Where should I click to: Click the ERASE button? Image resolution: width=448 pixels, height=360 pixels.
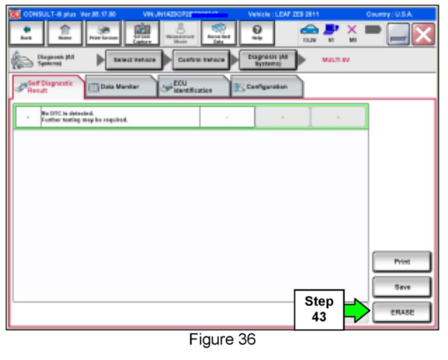[x=402, y=312]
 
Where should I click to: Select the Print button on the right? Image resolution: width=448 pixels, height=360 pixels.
[x=402, y=262]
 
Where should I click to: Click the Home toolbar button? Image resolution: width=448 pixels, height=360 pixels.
[x=65, y=33]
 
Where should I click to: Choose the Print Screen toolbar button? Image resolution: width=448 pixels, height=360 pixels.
[x=103, y=33]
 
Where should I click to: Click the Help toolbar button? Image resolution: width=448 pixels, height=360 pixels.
[x=257, y=33]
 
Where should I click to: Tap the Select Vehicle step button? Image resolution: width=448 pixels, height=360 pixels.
[x=134, y=60]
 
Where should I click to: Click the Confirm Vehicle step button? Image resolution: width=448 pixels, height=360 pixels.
[x=201, y=60]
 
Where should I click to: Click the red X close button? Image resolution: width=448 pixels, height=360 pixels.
[x=423, y=34]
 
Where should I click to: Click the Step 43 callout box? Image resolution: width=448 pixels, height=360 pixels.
[x=319, y=309]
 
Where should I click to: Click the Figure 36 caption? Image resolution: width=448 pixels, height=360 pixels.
[x=222, y=339]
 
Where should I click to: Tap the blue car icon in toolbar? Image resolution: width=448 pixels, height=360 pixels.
[x=309, y=30]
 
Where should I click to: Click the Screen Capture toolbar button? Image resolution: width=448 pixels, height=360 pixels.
[x=142, y=33]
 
